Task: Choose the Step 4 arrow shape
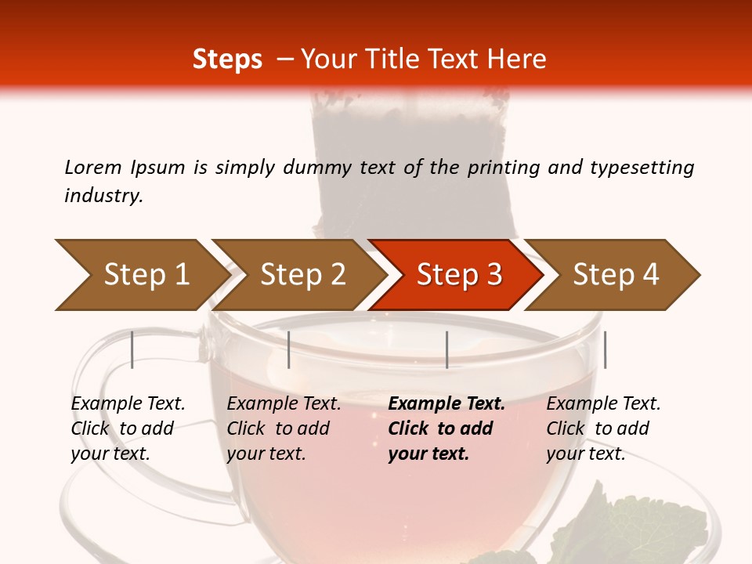(614, 275)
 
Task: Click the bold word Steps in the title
(227, 60)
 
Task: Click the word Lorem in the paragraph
(93, 167)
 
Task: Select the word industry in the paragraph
(103, 196)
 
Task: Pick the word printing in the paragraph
(501, 167)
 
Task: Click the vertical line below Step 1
(132, 349)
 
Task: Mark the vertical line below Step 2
(289, 349)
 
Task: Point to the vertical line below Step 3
(446, 349)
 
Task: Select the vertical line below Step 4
(605, 349)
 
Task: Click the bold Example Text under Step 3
(446, 403)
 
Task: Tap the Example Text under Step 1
(128, 403)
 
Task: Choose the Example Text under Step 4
(603, 403)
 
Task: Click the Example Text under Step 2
(284, 403)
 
